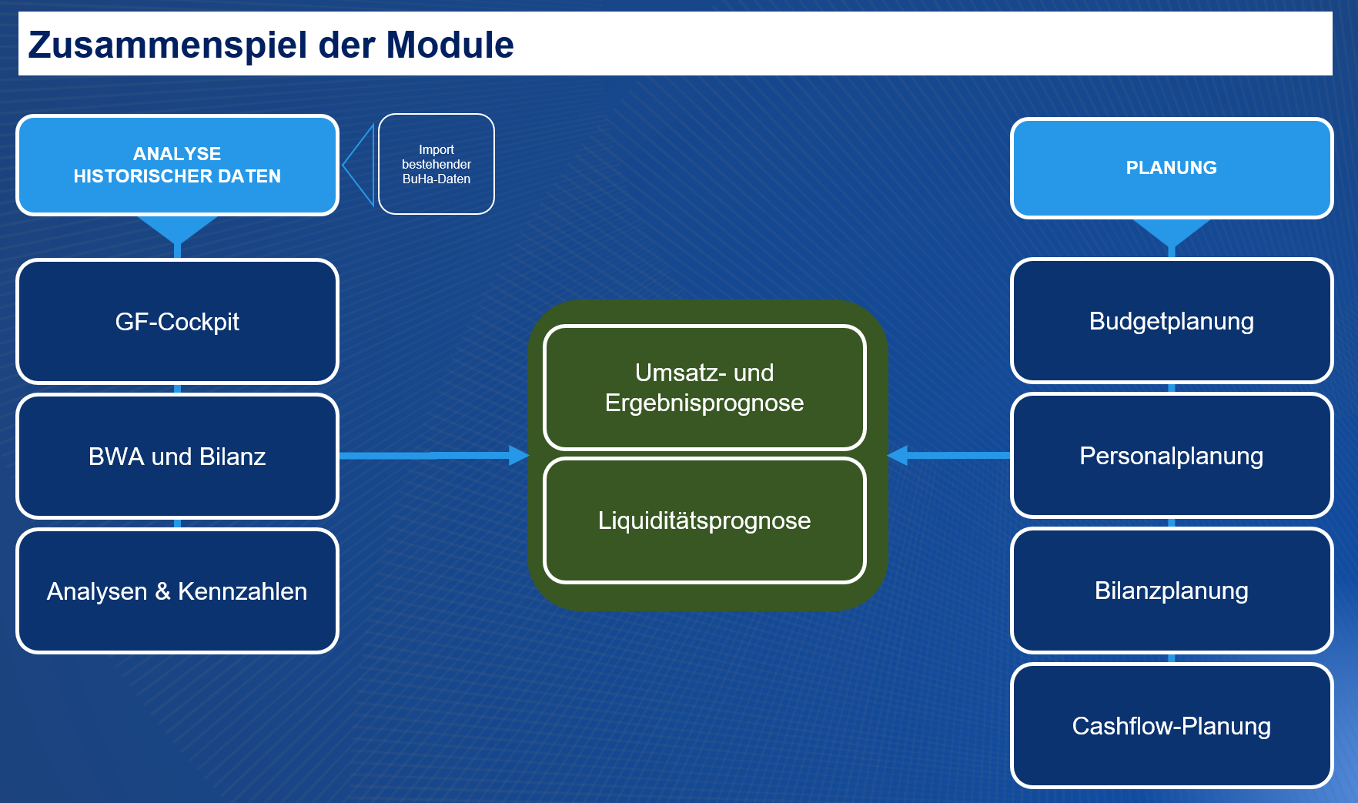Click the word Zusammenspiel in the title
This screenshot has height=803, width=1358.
(168, 45)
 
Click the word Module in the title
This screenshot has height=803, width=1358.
(450, 45)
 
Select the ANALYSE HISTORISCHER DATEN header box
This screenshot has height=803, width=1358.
(177, 165)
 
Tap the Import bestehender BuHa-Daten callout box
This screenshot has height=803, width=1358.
(436, 164)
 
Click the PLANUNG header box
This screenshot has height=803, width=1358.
(1172, 168)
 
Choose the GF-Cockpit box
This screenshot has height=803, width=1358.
(177, 321)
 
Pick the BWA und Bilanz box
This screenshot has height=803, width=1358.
(177, 456)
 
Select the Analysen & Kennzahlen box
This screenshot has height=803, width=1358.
(177, 591)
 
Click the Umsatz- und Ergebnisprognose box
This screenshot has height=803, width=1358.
(704, 387)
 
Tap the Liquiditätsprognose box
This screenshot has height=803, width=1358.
(704, 520)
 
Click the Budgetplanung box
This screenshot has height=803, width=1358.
(1172, 320)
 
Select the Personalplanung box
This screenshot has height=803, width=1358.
(1172, 455)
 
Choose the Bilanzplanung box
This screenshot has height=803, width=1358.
(1172, 591)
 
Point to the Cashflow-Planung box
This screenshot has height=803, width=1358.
(1172, 725)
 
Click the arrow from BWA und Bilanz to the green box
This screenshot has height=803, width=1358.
(434, 456)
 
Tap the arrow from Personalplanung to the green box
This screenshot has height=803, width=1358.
(948, 455)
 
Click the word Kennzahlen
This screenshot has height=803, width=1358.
(242, 591)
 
